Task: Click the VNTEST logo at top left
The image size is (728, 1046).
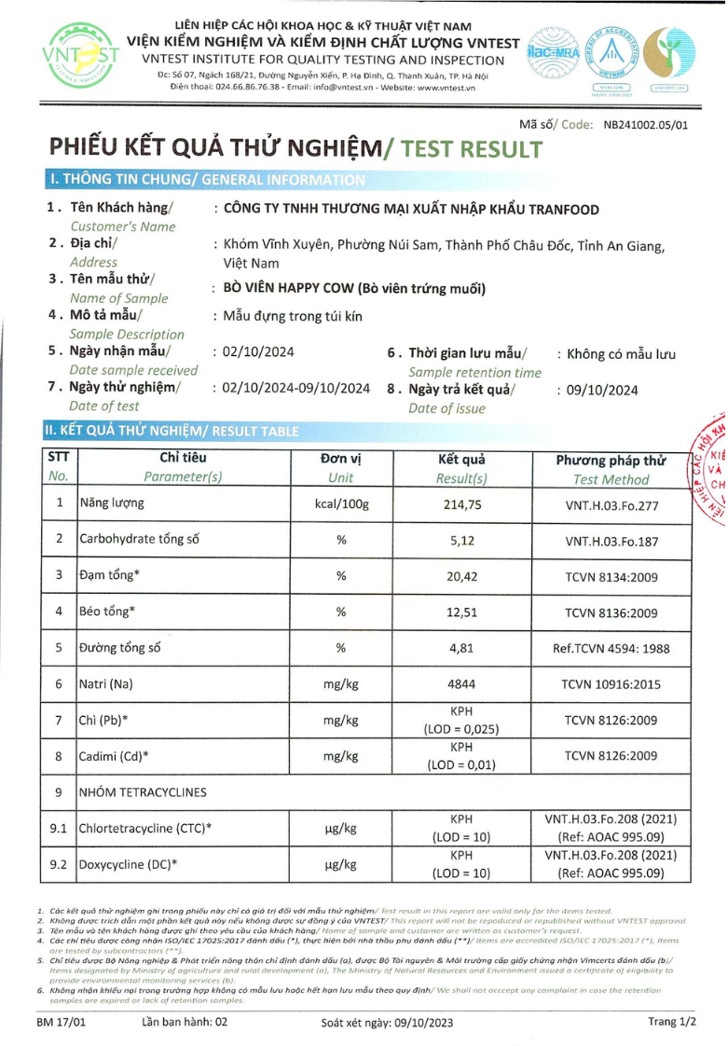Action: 80,56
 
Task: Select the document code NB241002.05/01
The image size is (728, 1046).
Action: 645,123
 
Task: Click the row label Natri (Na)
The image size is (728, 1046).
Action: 106,684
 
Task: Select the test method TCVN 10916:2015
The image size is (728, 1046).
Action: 611,684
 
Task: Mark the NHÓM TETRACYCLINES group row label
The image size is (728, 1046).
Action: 143,792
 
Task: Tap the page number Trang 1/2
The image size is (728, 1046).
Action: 672,1022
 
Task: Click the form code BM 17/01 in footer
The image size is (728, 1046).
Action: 62,1022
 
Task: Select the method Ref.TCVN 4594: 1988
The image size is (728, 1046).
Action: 611,648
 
